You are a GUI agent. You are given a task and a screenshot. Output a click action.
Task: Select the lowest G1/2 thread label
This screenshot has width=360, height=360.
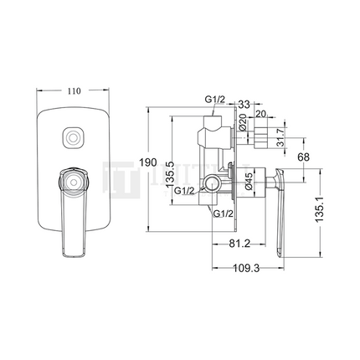click(x=223, y=215)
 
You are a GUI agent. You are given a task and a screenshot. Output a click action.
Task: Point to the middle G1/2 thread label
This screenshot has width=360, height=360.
click(x=186, y=192)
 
